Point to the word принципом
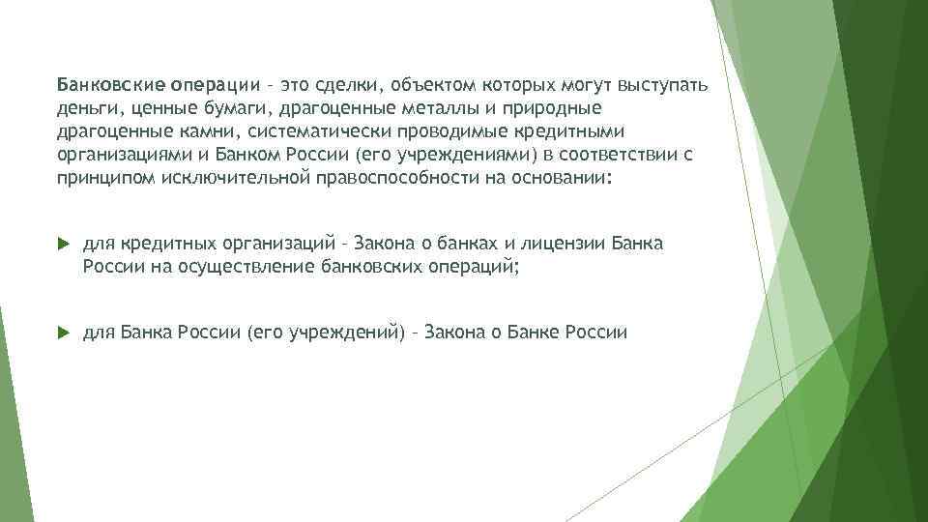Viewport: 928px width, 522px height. tap(101, 179)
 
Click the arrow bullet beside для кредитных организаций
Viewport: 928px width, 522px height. tap(64, 243)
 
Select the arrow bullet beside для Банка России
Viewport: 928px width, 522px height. tap(64, 333)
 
